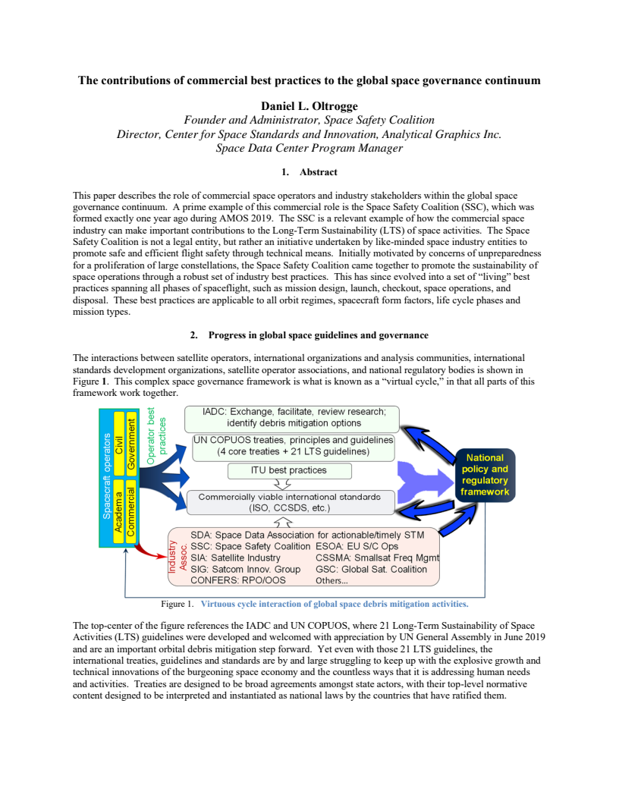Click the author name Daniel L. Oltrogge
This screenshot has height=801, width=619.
pyautogui.click(x=309, y=106)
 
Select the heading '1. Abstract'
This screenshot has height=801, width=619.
pyautogui.click(x=309, y=172)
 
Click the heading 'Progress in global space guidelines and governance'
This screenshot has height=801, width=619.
pyautogui.click(x=316, y=335)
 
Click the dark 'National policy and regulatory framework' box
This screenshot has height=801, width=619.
pyautogui.click(x=485, y=476)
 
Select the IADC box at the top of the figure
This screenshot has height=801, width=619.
pyautogui.click(x=293, y=417)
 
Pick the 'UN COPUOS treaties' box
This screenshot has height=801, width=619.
pyautogui.click(x=293, y=446)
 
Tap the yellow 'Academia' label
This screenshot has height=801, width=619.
pyautogui.click(x=118, y=511)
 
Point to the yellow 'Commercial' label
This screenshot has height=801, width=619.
pyautogui.click(x=131, y=511)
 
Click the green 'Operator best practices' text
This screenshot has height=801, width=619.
pyautogui.click(x=156, y=436)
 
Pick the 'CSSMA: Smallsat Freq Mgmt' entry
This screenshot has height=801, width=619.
pyautogui.click(x=376, y=558)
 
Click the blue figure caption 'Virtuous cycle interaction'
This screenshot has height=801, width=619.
pyautogui.click(x=334, y=604)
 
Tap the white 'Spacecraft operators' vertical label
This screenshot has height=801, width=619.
pyautogui.click(x=107, y=476)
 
